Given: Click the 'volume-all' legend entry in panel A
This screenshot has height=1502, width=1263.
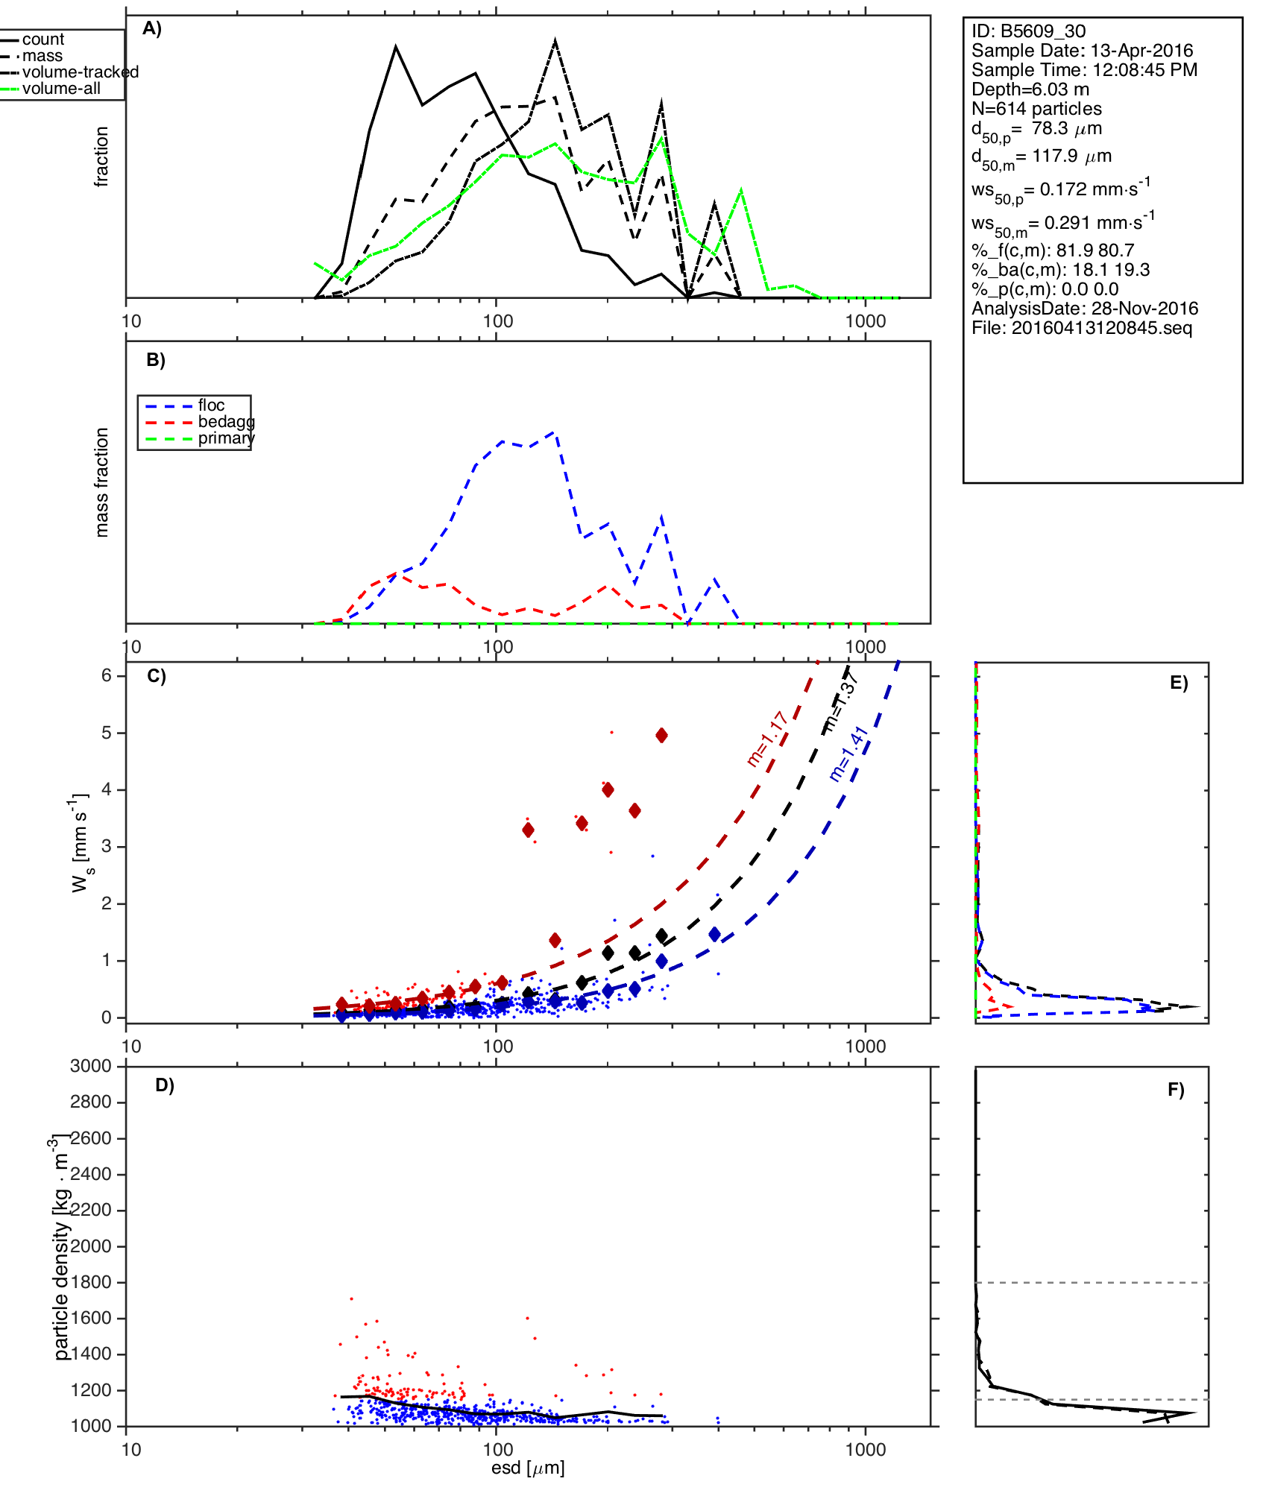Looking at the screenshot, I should [x=61, y=89].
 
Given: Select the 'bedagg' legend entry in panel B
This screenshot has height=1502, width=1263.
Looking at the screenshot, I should [x=226, y=422].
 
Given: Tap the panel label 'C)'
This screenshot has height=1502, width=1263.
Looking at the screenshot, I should [x=157, y=676].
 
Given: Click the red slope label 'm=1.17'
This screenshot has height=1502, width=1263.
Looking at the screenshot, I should [x=767, y=739].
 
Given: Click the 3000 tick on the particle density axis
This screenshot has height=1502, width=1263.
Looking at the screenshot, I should [x=91, y=1066].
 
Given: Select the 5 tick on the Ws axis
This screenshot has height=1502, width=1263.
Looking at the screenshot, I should [x=107, y=733].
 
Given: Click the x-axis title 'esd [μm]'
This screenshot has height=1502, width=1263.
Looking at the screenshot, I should [x=528, y=1468].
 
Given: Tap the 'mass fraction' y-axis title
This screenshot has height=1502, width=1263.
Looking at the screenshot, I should [x=102, y=482].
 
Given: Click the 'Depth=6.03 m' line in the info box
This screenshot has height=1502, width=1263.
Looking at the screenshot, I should [x=1030, y=89].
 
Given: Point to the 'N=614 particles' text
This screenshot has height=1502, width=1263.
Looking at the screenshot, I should [x=1036, y=109].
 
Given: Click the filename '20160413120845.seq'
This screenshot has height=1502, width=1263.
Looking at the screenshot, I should [x=1101, y=328].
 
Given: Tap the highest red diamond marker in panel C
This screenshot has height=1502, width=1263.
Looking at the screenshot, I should [x=661, y=736].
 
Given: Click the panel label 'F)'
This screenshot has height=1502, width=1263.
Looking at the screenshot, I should [x=1176, y=1090].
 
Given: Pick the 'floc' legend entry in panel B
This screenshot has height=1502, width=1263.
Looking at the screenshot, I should [x=211, y=406].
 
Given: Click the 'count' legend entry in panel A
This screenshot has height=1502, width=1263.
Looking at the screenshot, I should [x=43, y=40].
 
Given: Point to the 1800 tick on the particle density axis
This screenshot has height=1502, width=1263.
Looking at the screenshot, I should [x=91, y=1282].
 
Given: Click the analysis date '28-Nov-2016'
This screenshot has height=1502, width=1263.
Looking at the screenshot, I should [x=1144, y=309].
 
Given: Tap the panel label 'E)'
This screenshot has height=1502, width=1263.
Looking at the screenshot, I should [x=1179, y=683].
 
